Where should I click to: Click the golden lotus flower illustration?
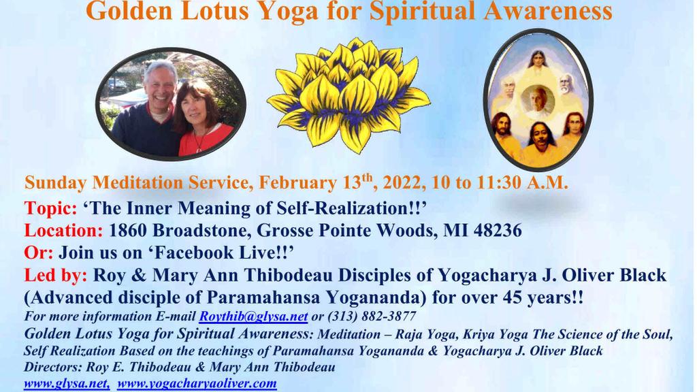click(349, 95)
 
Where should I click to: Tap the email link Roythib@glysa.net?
click(253, 316)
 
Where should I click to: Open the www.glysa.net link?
click(67, 383)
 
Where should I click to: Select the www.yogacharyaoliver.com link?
click(197, 383)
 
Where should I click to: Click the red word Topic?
click(50, 208)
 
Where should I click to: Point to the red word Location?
click(63, 230)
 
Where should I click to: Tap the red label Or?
click(39, 252)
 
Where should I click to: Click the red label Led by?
click(56, 275)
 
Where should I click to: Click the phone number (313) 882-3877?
click(372, 316)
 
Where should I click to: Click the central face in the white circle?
click(538, 100)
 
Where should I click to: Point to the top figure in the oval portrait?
click(538, 61)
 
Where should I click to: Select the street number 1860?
click(128, 230)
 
